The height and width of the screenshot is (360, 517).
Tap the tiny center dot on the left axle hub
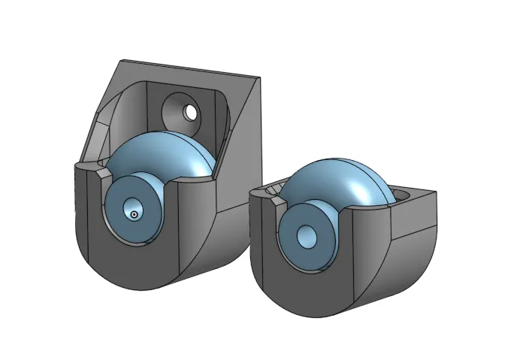click(x=134, y=215)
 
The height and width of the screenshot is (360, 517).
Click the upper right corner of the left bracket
click(x=259, y=77)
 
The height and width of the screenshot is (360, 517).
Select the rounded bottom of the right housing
click(x=323, y=304)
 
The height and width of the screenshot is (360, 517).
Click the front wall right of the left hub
click(x=192, y=225)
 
